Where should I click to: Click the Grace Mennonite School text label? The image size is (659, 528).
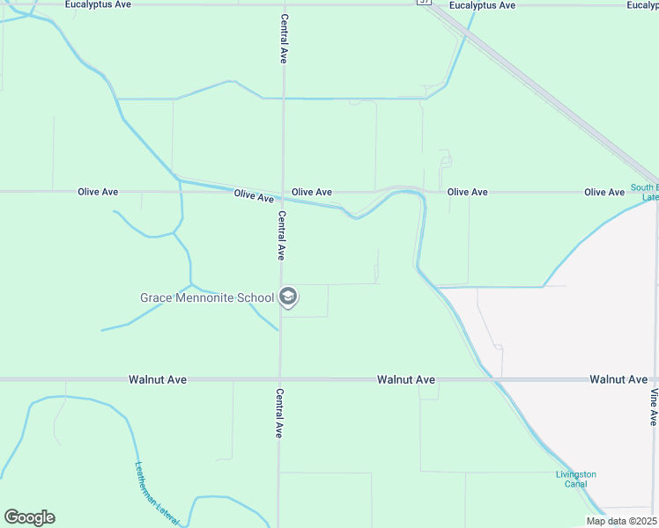click(207, 297)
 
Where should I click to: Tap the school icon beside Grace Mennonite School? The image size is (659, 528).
click(287, 297)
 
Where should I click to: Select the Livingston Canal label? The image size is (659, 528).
click(575, 480)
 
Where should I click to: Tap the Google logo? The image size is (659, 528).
click(29, 517)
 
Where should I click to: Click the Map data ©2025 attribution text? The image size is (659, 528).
click(622, 521)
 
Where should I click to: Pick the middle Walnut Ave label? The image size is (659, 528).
click(406, 379)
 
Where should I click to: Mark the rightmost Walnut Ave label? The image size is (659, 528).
click(618, 379)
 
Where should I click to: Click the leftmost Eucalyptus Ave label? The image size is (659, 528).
click(98, 4)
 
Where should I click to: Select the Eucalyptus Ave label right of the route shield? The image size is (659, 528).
click(482, 5)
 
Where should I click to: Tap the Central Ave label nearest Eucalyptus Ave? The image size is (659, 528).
click(284, 39)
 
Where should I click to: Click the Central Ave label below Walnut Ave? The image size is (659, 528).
click(279, 414)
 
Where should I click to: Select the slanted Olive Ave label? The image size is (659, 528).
click(254, 195)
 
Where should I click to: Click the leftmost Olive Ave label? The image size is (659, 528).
click(98, 191)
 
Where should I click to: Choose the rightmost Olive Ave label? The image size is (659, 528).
click(604, 192)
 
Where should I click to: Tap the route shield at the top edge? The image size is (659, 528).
click(426, 3)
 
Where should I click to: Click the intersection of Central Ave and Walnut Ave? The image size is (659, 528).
click(280, 379)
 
